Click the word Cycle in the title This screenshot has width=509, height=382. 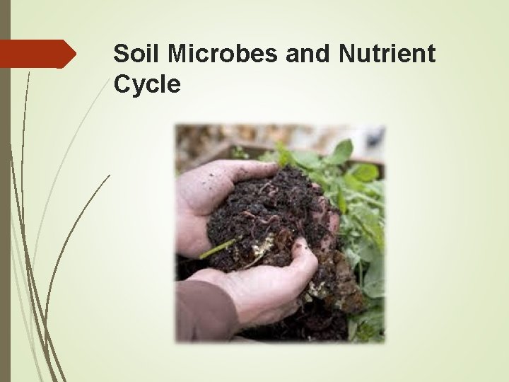147,84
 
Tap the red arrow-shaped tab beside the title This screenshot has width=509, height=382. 37,54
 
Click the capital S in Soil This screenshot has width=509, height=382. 121,54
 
